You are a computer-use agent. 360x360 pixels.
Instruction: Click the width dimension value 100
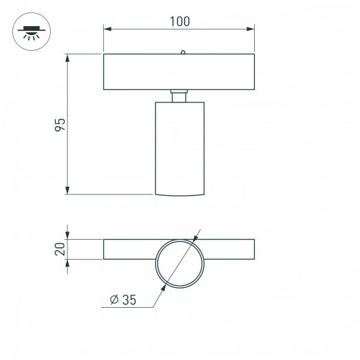(179, 21)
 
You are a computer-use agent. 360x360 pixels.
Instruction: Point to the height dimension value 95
(60, 125)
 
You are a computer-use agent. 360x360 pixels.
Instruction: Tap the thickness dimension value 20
(60, 249)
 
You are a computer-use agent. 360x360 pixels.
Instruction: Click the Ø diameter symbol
(113, 299)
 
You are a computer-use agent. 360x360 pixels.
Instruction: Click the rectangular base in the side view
(179, 71)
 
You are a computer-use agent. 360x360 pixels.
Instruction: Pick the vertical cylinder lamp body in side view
(179, 148)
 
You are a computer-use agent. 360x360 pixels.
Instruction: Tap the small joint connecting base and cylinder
(179, 95)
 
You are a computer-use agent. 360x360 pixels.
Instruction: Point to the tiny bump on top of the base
(182, 52)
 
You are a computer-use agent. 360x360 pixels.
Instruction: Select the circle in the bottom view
(179, 263)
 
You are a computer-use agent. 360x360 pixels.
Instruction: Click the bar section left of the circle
(129, 249)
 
